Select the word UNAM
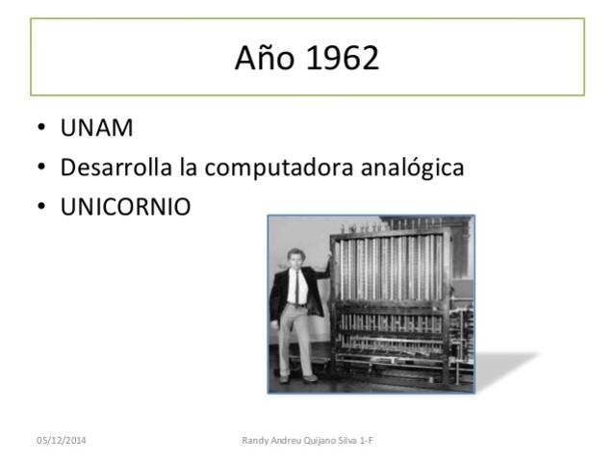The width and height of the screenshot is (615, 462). pos(96,129)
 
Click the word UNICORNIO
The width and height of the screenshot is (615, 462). pos(125,207)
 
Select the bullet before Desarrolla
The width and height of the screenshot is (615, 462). pos(42,168)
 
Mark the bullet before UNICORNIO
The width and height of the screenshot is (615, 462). pos(42,207)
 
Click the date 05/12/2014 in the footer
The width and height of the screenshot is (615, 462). pos(61,440)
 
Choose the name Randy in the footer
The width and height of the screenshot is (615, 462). pos(255,440)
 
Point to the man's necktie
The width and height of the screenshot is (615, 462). pos(297,285)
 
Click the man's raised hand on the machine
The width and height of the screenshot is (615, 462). pos(328,257)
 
